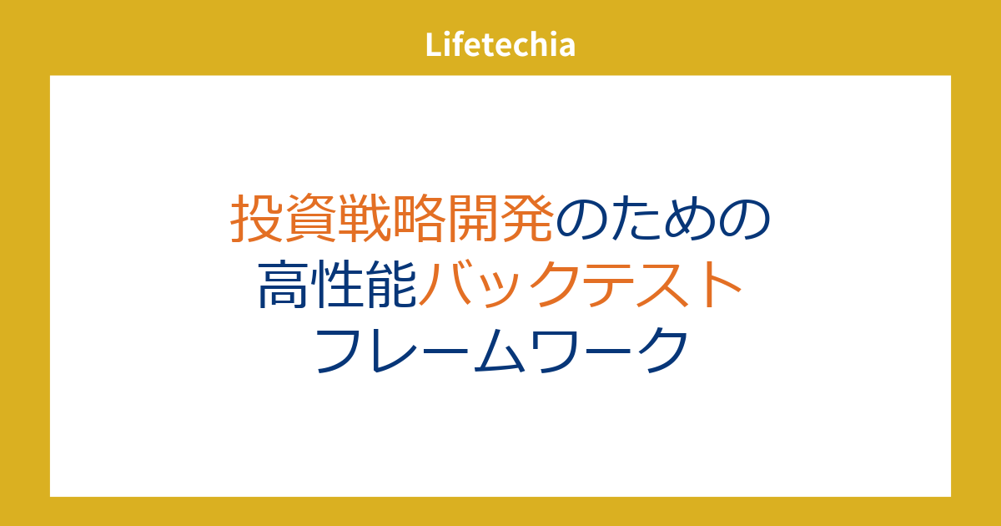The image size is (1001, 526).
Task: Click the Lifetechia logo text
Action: [500, 45]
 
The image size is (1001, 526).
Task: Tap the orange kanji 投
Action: [257, 218]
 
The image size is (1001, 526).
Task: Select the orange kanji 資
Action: [310, 218]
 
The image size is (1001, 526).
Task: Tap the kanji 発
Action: [526, 218]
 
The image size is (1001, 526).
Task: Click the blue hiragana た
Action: [635, 218]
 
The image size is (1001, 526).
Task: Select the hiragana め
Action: [689, 218]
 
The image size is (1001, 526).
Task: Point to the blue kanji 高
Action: [284, 284]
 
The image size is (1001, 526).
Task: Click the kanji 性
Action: [337, 284]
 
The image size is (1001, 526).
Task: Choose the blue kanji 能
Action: [391, 284]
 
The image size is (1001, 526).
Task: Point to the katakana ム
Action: [499, 350]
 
